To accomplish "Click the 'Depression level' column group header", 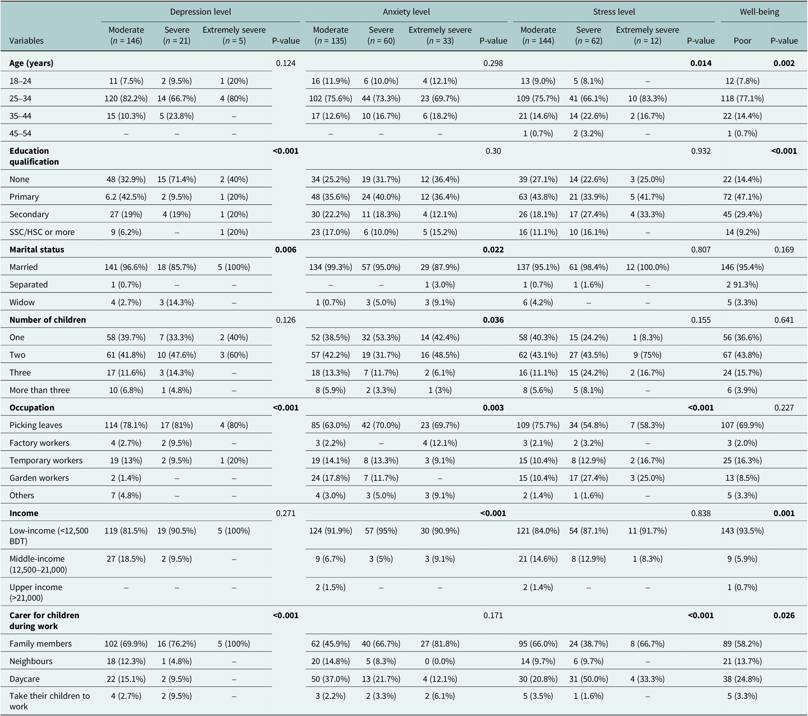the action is click(200, 12).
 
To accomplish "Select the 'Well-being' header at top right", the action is click(760, 12).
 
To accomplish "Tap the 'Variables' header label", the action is click(26, 41).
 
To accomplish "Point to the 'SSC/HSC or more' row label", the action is click(42, 232).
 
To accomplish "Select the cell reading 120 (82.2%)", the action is click(126, 98).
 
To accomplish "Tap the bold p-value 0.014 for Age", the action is click(701, 63).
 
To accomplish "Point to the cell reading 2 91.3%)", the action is click(742, 285).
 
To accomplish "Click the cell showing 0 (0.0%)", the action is click(440, 661).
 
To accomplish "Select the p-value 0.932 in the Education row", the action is click(701, 151).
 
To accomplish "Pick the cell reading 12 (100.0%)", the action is click(648, 267).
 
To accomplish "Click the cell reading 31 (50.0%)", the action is click(588, 679).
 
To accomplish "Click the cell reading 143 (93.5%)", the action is click(742, 531).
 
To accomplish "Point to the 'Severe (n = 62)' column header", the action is click(588, 35).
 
